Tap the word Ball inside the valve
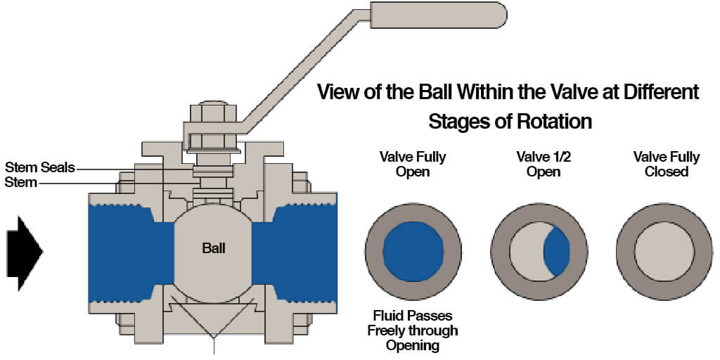[x=214, y=248]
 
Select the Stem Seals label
[x=39, y=168]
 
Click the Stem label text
[x=20, y=183]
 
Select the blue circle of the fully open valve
[x=413, y=251]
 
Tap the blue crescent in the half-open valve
[x=558, y=252]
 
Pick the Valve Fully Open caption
[x=413, y=164]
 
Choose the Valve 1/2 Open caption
[x=539, y=164]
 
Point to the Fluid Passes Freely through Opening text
[x=413, y=330]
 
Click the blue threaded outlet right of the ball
[x=299, y=250]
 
